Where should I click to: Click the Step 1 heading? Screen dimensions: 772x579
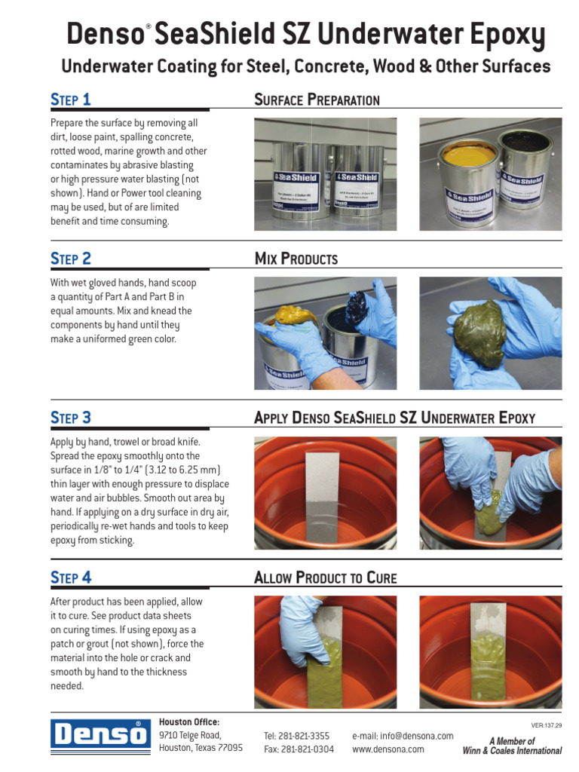click(x=71, y=100)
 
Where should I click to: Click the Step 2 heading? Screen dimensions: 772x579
click(x=71, y=259)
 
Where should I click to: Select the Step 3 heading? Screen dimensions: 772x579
click(x=71, y=418)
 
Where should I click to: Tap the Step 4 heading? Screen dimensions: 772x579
click(x=71, y=577)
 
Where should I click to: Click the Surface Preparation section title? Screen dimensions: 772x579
click(x=317, y=100)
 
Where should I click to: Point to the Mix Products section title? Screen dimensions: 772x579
click(x=296, y=259)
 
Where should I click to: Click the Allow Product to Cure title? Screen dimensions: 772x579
click(x=325, y=578)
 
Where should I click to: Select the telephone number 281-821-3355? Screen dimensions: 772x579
click(x=296, y=736)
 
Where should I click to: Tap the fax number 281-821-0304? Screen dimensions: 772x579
click(x=299, y=749)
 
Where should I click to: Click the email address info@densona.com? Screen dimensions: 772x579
click(x=403, y=736)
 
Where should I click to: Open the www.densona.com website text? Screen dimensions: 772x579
click(x=388, y=749)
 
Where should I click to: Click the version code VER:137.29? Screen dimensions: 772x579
click(x=547, y=725)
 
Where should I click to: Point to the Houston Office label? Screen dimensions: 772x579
click(x=189, y=721)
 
